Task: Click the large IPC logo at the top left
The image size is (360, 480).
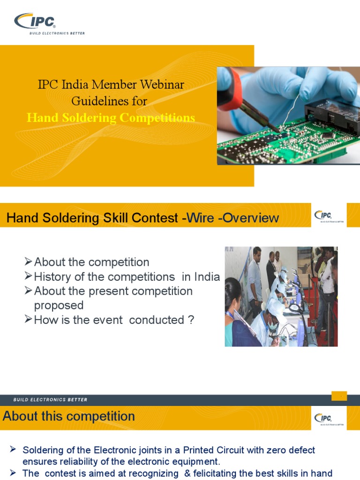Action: pos(35,21)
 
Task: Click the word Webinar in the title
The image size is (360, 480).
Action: pos(162,85)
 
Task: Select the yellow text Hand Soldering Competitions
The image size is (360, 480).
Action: pos(111,118)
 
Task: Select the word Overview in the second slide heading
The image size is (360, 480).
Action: pos(251,218)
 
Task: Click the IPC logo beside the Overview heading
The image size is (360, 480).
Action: pos(323,216)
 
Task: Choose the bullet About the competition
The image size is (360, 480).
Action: pos(91,262)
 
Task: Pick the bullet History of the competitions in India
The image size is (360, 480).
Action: pos(127,277)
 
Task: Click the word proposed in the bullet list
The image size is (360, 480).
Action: pos(59,305)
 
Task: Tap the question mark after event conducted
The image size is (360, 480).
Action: pos(190,320)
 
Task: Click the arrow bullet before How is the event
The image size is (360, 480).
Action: pos(29,320)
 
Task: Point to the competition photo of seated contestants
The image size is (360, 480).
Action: pos(281,297)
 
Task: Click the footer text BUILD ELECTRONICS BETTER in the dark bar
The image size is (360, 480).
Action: pos(50,400)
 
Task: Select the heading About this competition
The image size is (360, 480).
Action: pos(69,416)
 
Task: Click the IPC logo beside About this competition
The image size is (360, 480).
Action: pos(323,418)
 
